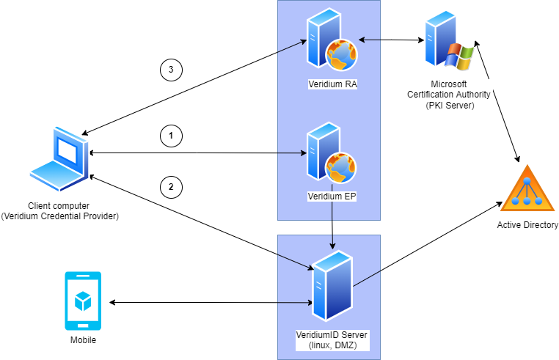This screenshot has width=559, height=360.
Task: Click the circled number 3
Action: tap(170, 70)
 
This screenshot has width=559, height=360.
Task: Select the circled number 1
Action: tap(170, 136)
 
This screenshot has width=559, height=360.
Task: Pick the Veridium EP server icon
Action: tap(331, 155)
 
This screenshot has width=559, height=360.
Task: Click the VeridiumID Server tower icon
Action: tap(332, 284)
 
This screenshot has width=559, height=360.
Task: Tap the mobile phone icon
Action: tap(83, 301)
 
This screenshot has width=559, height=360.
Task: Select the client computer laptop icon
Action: tap(59, 158)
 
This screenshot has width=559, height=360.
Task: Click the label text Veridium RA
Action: tap(332, 84)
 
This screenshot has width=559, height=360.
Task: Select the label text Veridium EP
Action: tap(332, 196)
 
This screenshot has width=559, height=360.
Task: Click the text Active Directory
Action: tap(527, 225)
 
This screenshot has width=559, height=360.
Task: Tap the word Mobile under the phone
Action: tap(83, 340)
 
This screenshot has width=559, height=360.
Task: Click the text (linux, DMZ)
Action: tap(332, 345)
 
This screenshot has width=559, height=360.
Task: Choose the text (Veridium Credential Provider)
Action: tap(59, 216)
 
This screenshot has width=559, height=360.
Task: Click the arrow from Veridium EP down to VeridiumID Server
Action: tap(333, 224)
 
